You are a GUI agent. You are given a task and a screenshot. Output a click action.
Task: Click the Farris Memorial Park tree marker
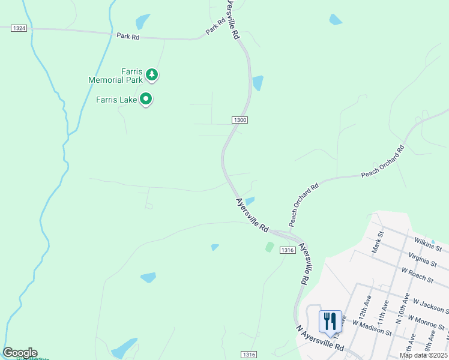point(152,75)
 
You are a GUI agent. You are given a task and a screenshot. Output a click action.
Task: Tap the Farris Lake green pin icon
point(145,98)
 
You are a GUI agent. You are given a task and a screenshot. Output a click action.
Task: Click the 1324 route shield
point(19,28)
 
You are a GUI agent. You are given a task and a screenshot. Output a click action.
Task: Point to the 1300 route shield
point(240,120)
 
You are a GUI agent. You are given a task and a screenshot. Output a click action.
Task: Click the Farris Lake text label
point(117,100)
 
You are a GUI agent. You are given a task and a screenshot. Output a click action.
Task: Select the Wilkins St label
point(427,244)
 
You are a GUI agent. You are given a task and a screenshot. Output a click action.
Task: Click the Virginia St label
point(421,260)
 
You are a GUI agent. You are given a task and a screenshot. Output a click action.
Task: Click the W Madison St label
point(372,328)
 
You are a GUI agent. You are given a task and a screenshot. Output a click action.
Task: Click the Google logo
point(20,353)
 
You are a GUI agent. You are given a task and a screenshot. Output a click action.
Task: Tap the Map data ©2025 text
point(423,355)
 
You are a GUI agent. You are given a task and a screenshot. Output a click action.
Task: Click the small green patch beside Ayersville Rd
point(270,247)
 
